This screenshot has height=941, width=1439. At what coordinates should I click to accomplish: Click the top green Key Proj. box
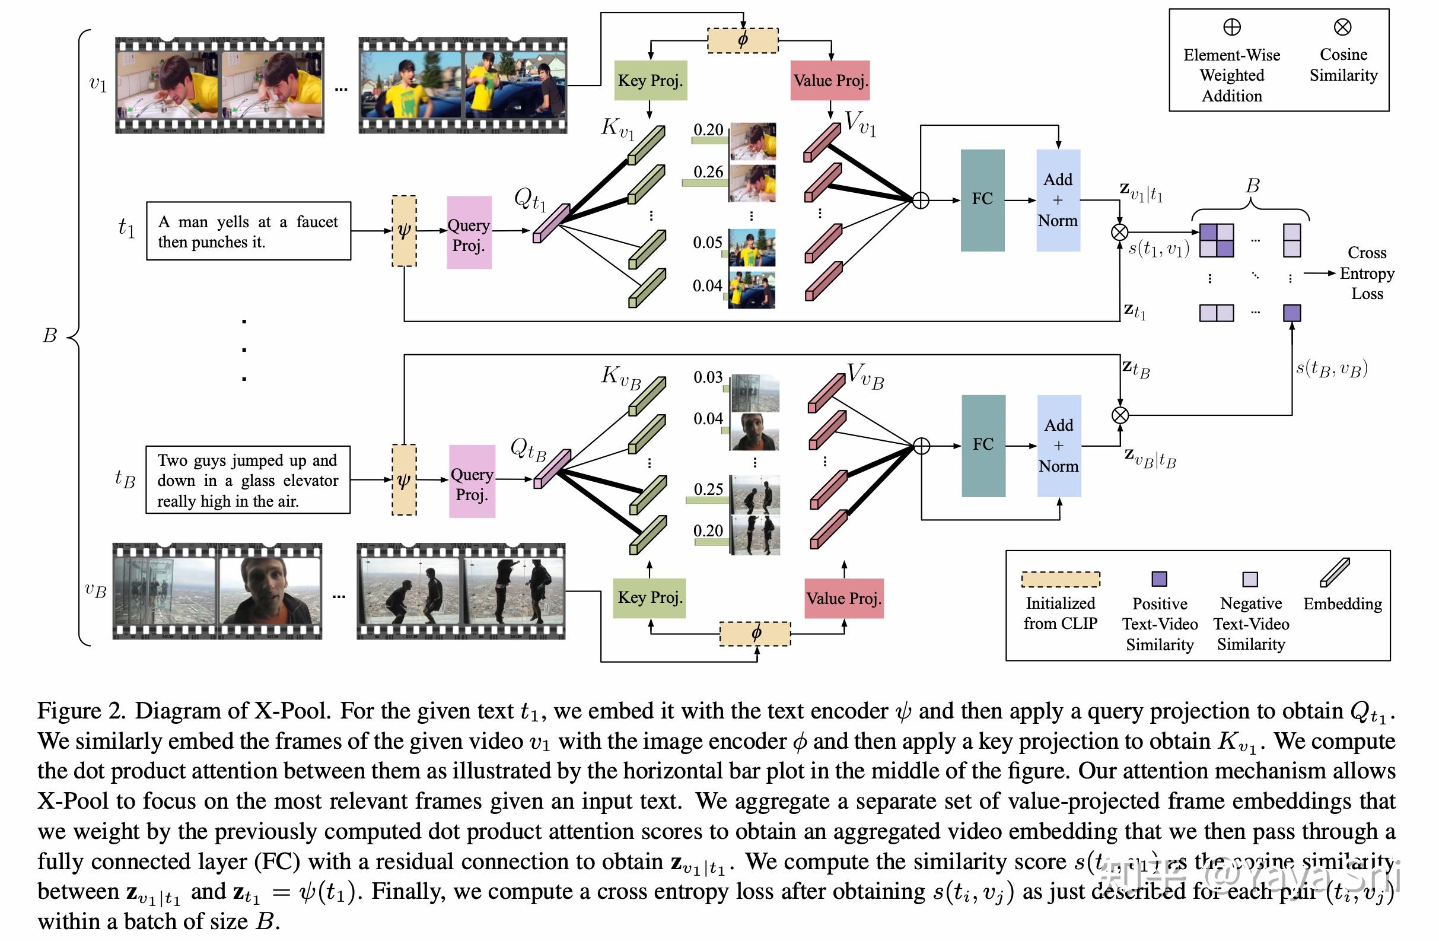point(651,81)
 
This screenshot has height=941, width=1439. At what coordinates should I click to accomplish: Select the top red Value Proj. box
point(830,81)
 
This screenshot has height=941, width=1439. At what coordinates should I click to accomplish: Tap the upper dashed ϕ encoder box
point(743,40)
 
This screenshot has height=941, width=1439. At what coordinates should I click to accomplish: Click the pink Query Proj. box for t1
point(469,233)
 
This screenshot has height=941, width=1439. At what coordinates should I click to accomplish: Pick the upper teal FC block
point(982,200)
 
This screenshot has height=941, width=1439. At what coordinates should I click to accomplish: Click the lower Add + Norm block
point(1059,446)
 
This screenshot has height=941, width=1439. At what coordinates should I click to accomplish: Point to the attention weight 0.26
point(708,172)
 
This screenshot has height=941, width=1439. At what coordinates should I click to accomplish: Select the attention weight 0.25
point(708,489)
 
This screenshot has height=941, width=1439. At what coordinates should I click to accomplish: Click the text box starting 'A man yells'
point(249,231)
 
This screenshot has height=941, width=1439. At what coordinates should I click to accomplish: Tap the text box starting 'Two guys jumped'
point(248,481)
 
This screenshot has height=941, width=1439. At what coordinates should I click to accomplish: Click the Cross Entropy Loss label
point(1367,274)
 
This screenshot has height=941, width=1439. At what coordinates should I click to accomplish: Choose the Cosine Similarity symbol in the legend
point(1342,27)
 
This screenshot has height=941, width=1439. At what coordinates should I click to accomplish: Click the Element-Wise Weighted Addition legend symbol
point(1231,27)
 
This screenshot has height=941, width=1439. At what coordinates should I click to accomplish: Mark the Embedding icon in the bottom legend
point(1335,572)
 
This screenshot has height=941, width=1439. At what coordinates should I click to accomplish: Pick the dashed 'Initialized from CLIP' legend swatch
point(1061,579)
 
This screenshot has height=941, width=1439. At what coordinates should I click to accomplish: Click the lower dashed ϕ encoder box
point(755,634)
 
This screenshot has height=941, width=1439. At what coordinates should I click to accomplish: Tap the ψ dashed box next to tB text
point(404,480)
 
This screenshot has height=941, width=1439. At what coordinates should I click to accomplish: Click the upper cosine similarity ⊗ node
point(1120,232)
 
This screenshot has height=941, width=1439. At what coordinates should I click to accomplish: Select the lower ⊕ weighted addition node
point(921,446)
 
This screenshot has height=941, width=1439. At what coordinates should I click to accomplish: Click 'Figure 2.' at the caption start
point(81,711)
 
